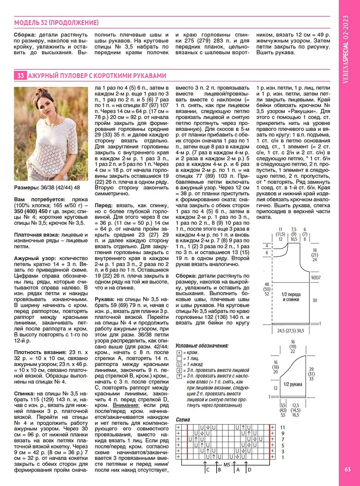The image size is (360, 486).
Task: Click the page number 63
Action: [348, 469]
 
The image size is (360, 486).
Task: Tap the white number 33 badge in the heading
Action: [21, 76]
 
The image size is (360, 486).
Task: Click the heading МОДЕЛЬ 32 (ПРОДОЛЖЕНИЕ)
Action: [56, 23]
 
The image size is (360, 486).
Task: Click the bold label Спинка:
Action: [24, 394]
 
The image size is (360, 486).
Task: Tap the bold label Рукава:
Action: [104, 299]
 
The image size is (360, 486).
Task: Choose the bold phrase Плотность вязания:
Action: [40, 352]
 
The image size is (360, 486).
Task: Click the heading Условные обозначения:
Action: [202, 346]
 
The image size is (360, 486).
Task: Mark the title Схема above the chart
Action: [183, 420]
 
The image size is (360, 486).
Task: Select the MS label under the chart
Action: [227, 464]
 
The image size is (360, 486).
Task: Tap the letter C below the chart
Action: [208, 470]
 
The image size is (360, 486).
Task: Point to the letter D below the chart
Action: [249, 470]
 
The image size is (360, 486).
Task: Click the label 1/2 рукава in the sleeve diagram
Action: [293, 384]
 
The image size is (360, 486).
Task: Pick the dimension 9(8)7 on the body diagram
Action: [316, 278]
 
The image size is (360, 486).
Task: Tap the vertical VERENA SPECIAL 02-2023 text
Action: [346, 49]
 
